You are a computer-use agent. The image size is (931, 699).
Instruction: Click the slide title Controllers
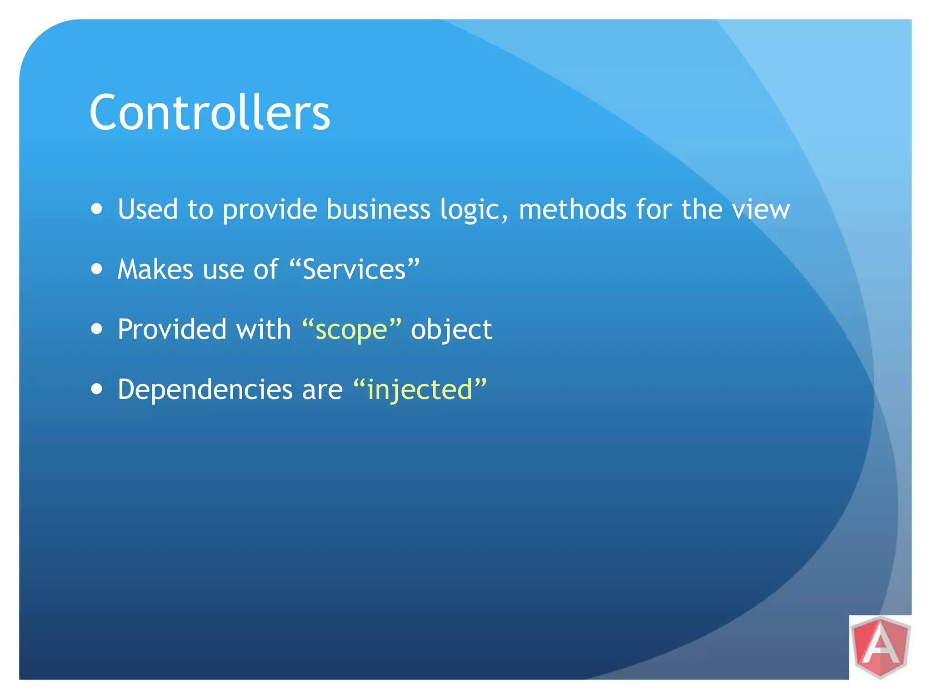[210, 112]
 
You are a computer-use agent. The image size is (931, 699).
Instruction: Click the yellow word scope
[351, 329]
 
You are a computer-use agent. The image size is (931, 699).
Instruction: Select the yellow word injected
[420, 390]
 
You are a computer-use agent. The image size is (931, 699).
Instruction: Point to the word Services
[354, 269]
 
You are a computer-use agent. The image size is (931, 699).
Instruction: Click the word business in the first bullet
[378, 209]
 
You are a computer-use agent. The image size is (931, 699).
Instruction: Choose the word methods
[572, 209]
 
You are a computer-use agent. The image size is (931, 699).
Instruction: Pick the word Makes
[155, 269]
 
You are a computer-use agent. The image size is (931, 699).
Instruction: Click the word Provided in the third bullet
[172, 329]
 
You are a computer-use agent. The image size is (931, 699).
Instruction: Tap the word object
[451, 330]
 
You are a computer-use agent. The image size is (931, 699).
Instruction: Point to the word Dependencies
[205, 390]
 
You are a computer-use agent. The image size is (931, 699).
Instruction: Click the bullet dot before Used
[96, 209]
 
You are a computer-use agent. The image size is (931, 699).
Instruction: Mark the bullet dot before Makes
[96, 269]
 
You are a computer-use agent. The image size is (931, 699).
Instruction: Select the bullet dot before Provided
[96, 329]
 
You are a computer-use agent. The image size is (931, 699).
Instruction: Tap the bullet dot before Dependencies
[96, 389]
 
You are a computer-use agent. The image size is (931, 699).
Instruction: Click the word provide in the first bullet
[270, 210]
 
